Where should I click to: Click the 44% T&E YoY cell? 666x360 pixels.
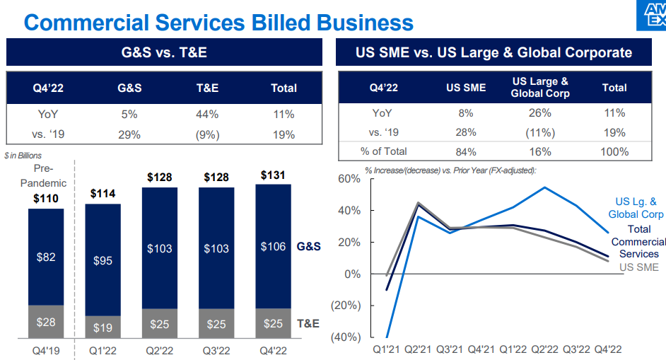click(x=207, y=114)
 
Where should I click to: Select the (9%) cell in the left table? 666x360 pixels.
click(x=207, y=134)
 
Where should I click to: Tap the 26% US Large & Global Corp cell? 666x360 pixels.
click(x=539, y=113)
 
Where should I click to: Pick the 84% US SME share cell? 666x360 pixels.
click(x=466, y=151)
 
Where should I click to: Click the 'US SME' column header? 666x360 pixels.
click(x=466, y=88)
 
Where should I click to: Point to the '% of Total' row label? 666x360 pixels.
click(x=384, y=151)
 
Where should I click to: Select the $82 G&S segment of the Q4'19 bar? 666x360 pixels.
click(x=46, y=257)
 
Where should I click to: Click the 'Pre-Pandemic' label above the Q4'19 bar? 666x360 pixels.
click(x=49, y=175)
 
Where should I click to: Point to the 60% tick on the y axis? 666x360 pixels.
click(x=346, y=178)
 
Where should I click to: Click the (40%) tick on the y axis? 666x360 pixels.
click(x=344, y=337)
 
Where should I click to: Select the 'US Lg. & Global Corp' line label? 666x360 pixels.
click(x=636, y=208)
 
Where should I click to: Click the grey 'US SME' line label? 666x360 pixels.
click(x=638, y=267)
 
